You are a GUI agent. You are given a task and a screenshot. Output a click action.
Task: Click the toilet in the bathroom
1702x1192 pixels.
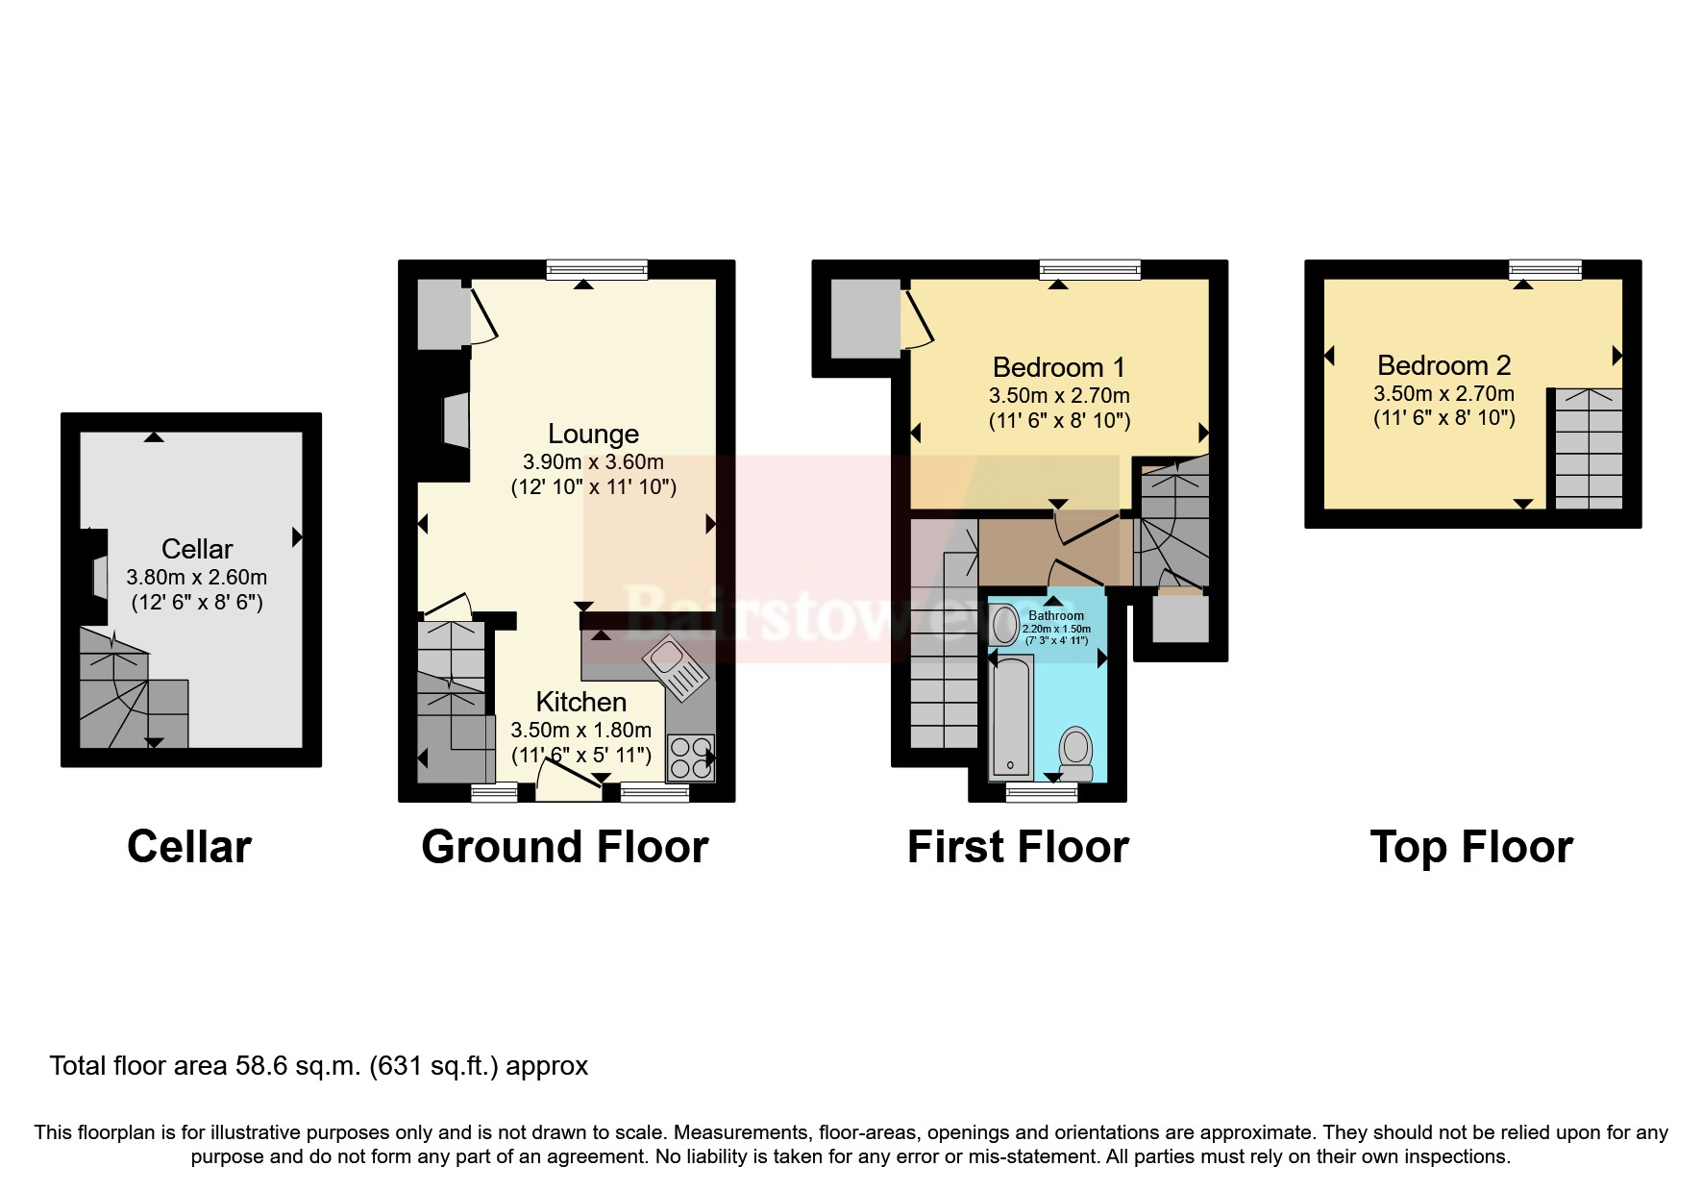(1075, 753)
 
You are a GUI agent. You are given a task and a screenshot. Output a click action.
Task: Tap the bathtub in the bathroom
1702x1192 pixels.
(1011, 716)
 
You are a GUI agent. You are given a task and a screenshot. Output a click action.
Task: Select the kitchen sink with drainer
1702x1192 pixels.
(677, 669)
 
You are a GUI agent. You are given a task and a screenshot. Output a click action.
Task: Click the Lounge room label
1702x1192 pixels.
(593, 434)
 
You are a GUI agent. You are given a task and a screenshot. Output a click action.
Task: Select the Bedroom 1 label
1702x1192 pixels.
(1058, 367)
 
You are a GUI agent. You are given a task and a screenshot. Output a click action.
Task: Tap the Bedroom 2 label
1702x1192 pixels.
(1443, 365)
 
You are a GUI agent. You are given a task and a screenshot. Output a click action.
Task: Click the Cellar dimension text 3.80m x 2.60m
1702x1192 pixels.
(196, 578)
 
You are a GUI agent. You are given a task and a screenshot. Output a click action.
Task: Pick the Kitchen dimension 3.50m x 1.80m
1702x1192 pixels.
(580, 730)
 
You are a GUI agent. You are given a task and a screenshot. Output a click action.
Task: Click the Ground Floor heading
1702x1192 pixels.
(564, 847)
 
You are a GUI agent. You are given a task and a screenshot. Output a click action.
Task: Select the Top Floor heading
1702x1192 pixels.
(1470, 847)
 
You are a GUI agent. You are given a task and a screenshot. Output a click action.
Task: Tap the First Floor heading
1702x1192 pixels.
(1018, 847)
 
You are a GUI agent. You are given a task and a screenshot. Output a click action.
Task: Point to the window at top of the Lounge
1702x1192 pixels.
(597, 270)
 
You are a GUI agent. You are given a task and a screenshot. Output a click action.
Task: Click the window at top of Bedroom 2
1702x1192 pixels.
(1544, 270)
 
